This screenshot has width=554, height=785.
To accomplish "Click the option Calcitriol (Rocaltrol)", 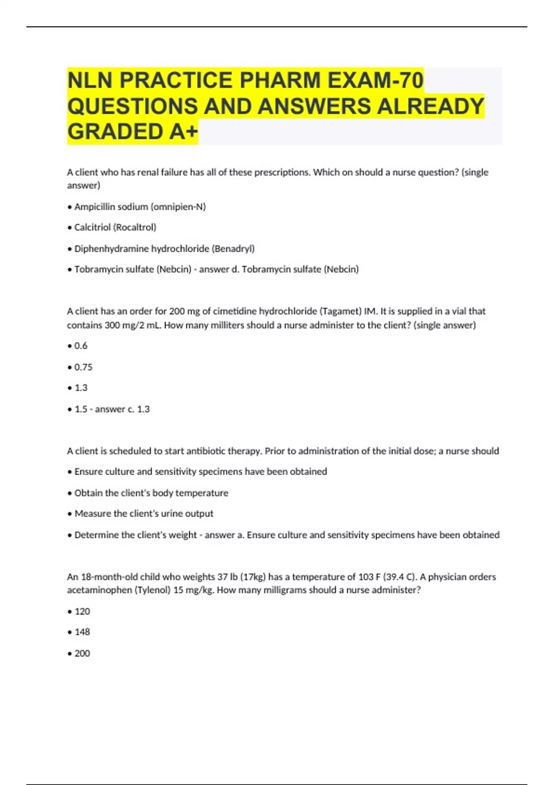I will click(x=115, y=227).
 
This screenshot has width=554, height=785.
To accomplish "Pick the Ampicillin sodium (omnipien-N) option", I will click(x=140, y=206).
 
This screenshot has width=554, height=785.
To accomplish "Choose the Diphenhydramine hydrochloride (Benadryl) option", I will click(x=164, y=248).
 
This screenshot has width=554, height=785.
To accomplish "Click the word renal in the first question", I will click(x=148, y=172).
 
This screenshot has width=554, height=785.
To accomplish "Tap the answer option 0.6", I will click(x=81, y=345).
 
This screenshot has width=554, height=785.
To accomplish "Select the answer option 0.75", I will click(x=83, y=367).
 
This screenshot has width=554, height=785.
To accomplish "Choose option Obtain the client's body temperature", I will click(x=151, y=493).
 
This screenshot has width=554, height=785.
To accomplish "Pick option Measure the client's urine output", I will click(x=144, y=513).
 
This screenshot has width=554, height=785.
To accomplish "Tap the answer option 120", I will click(x=82, y=611).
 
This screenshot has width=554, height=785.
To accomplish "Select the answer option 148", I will click(x=82, y=632).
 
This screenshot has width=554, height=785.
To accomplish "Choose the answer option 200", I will click(x=82, y=653).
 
